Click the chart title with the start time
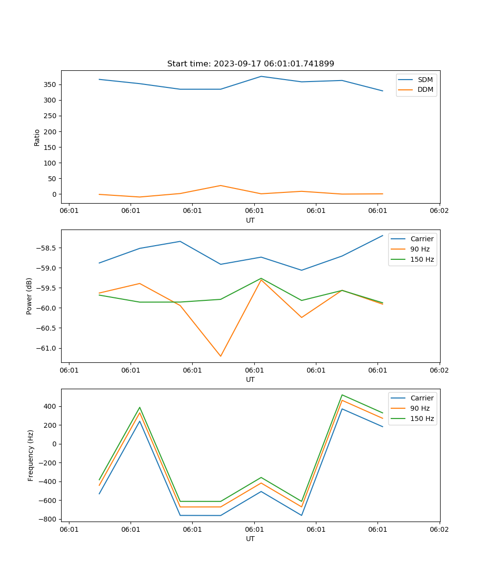250,64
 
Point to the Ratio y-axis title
37,137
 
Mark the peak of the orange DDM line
221,186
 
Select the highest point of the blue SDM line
261,76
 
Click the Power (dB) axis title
29,296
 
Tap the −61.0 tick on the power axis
48,348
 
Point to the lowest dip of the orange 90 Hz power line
221,356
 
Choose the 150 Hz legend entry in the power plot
422,259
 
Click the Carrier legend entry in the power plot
422,239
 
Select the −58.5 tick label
48,248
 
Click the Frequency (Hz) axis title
31,455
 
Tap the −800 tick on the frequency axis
48,519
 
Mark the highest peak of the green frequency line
342,395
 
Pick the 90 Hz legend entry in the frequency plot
420,408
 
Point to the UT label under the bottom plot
250,539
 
